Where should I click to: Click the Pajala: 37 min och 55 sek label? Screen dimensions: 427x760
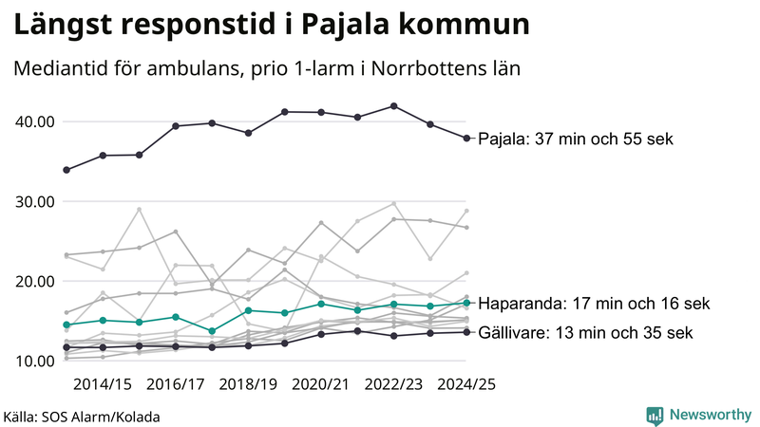tap(575, 139)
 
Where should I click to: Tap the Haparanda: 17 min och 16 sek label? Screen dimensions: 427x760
tap(594, 304)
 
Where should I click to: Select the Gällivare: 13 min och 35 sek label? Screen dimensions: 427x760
tap(585, 333)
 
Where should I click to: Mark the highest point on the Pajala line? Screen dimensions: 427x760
tap(394, 106)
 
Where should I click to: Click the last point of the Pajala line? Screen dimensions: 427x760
tap(466, 139)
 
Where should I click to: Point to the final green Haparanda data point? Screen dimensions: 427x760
tap(466, 304)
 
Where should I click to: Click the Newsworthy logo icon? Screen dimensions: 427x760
tap(655, 416)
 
